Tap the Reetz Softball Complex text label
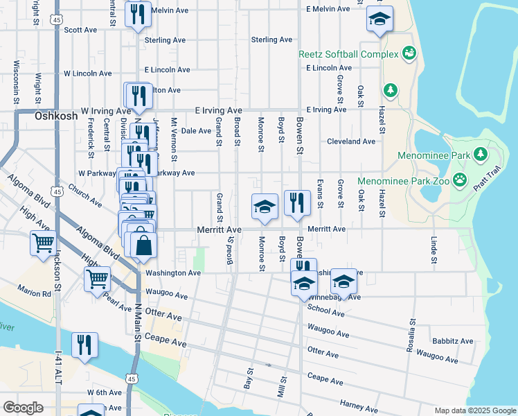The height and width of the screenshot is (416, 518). [348, 54]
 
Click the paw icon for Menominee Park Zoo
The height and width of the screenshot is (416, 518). [461, 181]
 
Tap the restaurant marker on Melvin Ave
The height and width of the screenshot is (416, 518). [138, 14]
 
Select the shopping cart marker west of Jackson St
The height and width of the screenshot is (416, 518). [43, 243]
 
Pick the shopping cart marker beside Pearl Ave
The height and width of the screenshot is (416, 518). [97, 279]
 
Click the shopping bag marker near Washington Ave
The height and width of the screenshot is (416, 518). [143, 246]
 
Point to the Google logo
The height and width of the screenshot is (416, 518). [23, 408]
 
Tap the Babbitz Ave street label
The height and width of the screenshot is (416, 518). [452, 341]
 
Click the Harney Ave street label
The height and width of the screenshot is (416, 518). [358, 404]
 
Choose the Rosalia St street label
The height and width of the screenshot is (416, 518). [411, 332]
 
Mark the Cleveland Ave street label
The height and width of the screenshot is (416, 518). [352, 141]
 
